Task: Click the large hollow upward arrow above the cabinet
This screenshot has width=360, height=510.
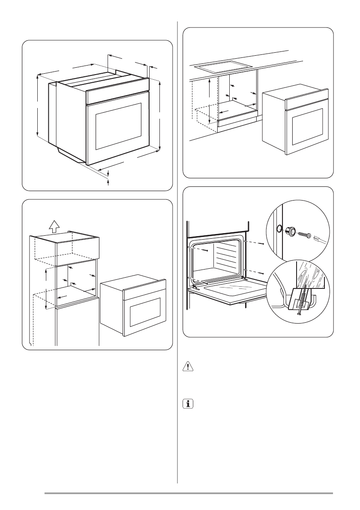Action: coord(53,226)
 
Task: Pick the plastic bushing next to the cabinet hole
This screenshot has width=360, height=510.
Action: coord(290,231)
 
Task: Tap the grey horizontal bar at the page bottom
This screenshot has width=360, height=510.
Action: coord(189,493)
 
